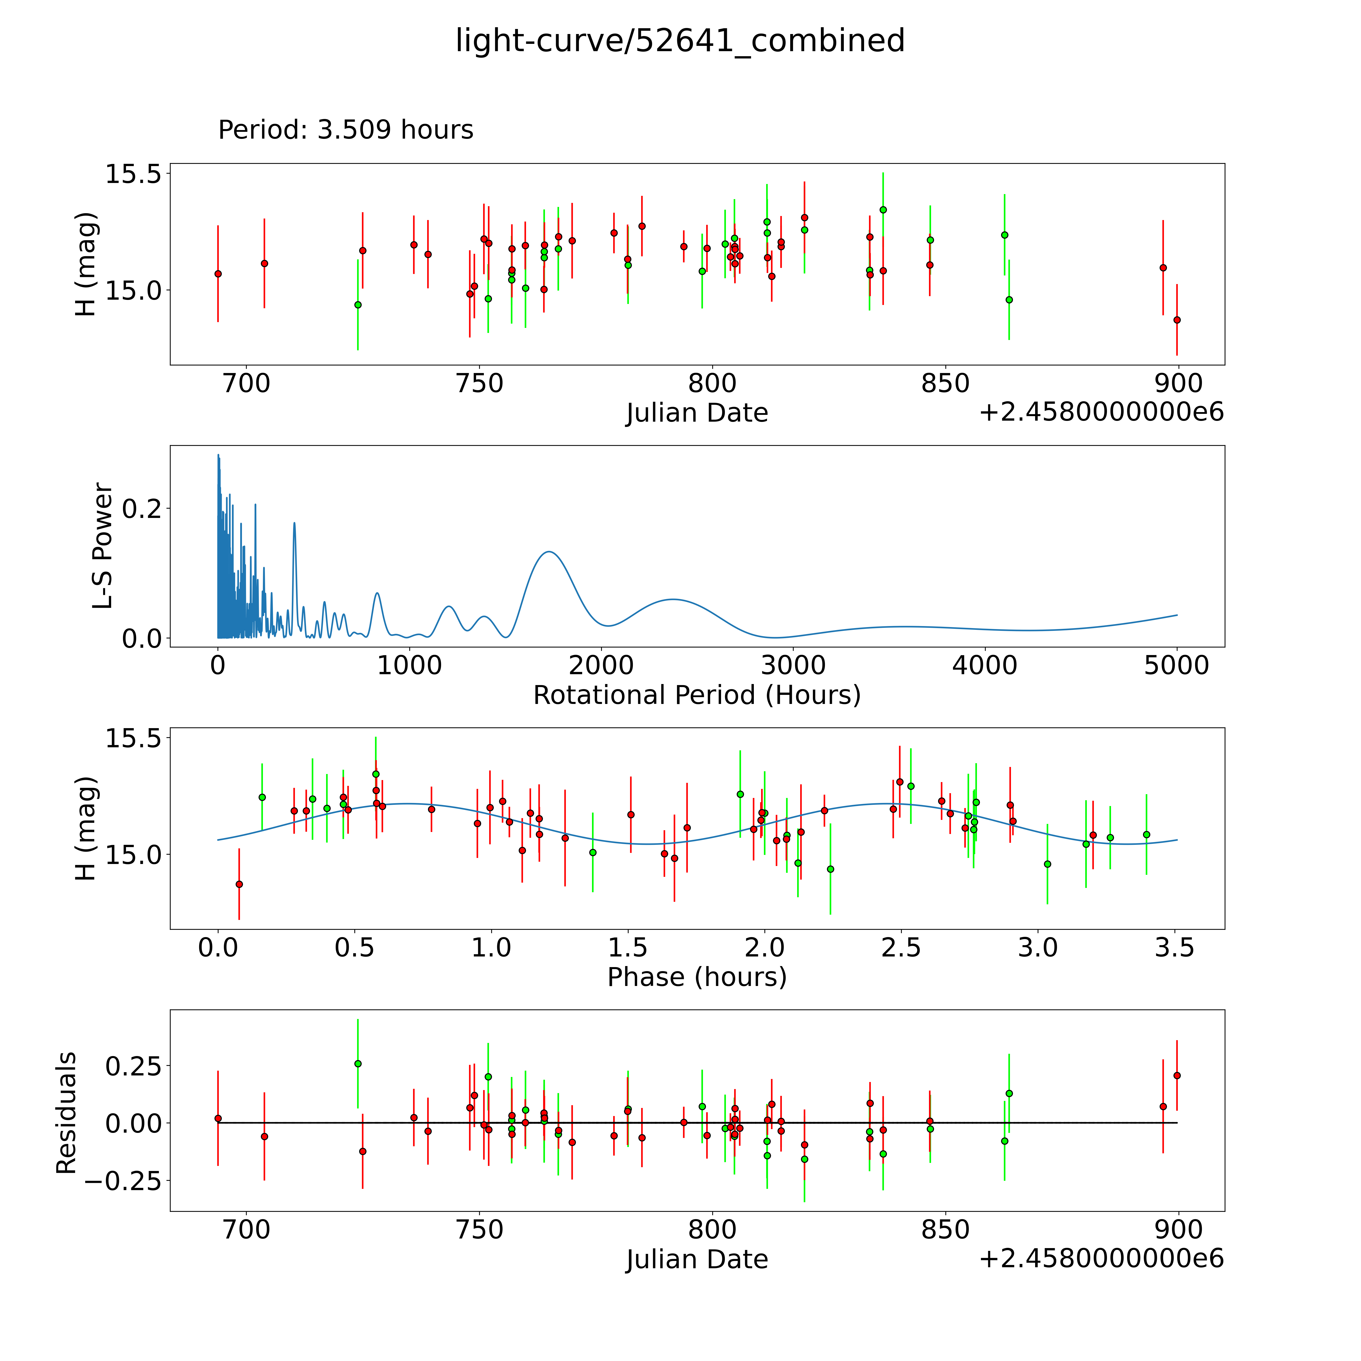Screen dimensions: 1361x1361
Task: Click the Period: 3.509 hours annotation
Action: click(345, 130)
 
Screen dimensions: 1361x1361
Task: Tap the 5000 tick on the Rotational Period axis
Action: click(1177, 666)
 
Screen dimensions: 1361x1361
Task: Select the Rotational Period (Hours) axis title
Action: click(697, 695)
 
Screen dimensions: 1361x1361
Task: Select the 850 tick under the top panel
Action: click(945, 384)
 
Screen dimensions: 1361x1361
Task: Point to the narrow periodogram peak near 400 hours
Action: click(294, 523)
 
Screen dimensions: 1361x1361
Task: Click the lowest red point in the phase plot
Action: click(239, 884)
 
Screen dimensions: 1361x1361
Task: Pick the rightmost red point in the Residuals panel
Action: click(1177, 1076)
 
